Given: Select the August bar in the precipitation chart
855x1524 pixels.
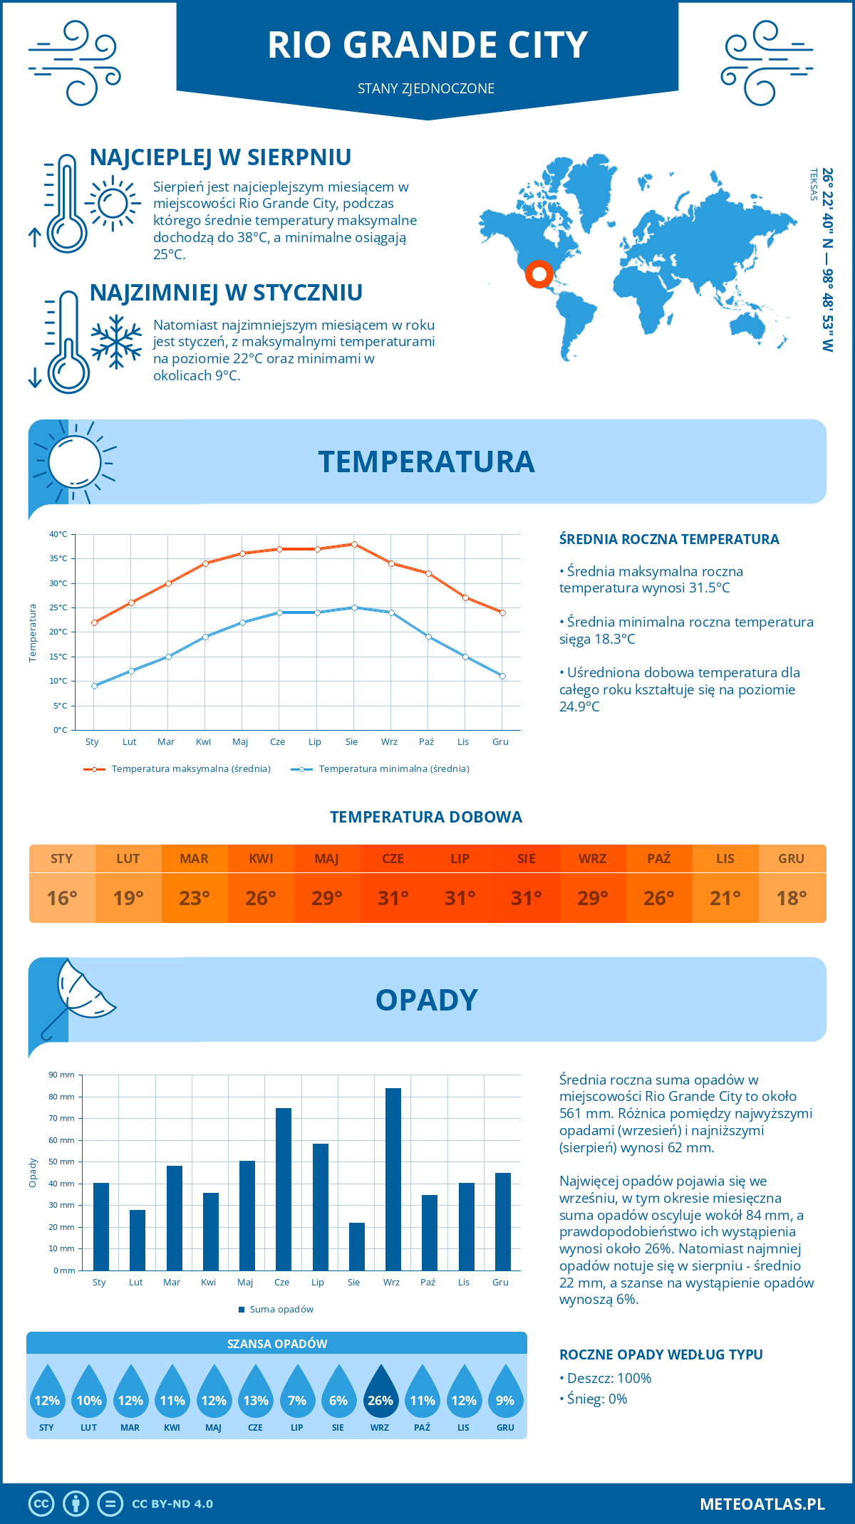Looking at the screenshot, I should coord(357,1246).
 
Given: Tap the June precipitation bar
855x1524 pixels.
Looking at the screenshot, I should coord(284,1189).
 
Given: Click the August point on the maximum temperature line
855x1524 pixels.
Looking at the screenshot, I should coord(354,544).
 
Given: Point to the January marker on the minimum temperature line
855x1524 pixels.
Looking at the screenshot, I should coord(94,686).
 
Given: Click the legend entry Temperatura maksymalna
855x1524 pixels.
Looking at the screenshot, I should coord(177,769).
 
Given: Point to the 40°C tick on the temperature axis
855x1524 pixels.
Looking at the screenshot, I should coord(58,534).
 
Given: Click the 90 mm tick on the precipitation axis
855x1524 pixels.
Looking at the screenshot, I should coord(62,1075).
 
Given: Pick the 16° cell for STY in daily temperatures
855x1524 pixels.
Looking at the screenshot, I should coord(62,898).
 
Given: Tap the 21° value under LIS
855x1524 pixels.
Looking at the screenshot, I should coord(725,898).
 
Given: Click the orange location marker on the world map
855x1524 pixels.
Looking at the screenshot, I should coord(539,273).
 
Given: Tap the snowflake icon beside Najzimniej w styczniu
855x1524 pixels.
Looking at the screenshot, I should coord(116,342).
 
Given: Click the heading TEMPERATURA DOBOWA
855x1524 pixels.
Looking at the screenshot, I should coord(426,817).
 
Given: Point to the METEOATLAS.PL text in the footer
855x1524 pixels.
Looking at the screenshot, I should coord(762,1503).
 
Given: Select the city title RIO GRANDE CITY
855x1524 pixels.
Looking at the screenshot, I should coord(427,45).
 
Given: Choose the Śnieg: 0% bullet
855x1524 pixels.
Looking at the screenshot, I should coord(594,1399).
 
